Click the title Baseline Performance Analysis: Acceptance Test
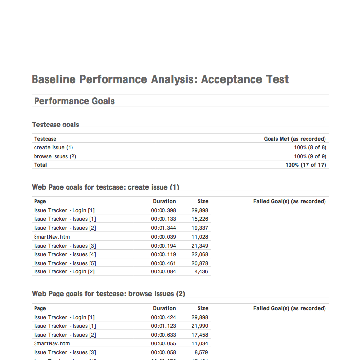point(160,79)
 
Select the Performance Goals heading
point(74,101)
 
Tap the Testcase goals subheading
point(55,125)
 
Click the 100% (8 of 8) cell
point(310,147)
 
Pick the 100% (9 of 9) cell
point(310,156)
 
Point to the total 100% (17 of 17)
point(306,165)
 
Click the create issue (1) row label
point(54,147)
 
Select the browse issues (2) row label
point(55,156)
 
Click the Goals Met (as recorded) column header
point(295,139)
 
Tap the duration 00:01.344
point(163,228)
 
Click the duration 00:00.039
point(163,237)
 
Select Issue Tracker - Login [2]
point(64,271)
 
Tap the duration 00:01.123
point(163,326)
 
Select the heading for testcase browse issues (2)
point(108,294)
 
